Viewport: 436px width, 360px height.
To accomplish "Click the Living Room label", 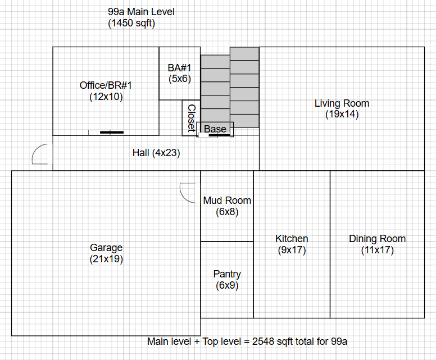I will coord(342,103).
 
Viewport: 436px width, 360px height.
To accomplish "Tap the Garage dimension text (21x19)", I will coord(106,259).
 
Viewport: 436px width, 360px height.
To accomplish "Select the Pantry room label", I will coord(227,274).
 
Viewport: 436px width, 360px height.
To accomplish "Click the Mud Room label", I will coord(227,200).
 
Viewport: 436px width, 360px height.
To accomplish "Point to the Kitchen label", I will coord(292,239).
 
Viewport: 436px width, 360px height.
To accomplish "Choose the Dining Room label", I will coord(377,239).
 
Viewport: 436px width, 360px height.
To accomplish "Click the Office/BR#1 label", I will coord(106,85).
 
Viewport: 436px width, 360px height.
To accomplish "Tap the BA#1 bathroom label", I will coord(180,68).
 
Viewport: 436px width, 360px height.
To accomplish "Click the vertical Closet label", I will coord(191,118).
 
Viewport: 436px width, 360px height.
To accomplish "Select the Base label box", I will coord(215,129).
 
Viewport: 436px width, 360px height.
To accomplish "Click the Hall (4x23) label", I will coord(156,153).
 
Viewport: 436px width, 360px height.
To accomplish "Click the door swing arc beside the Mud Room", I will coord(186,192).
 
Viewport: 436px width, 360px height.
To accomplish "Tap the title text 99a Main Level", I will coord(141,12).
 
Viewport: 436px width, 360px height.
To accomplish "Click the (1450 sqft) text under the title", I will coord(131,24).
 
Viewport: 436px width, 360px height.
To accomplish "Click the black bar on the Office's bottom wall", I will coord(112,133).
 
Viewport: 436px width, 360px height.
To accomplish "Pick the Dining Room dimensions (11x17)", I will coord(377,250).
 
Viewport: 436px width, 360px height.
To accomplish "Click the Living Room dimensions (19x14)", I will coord(342,115).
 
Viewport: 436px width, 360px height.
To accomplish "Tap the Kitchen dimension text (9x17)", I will coord(292,250).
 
